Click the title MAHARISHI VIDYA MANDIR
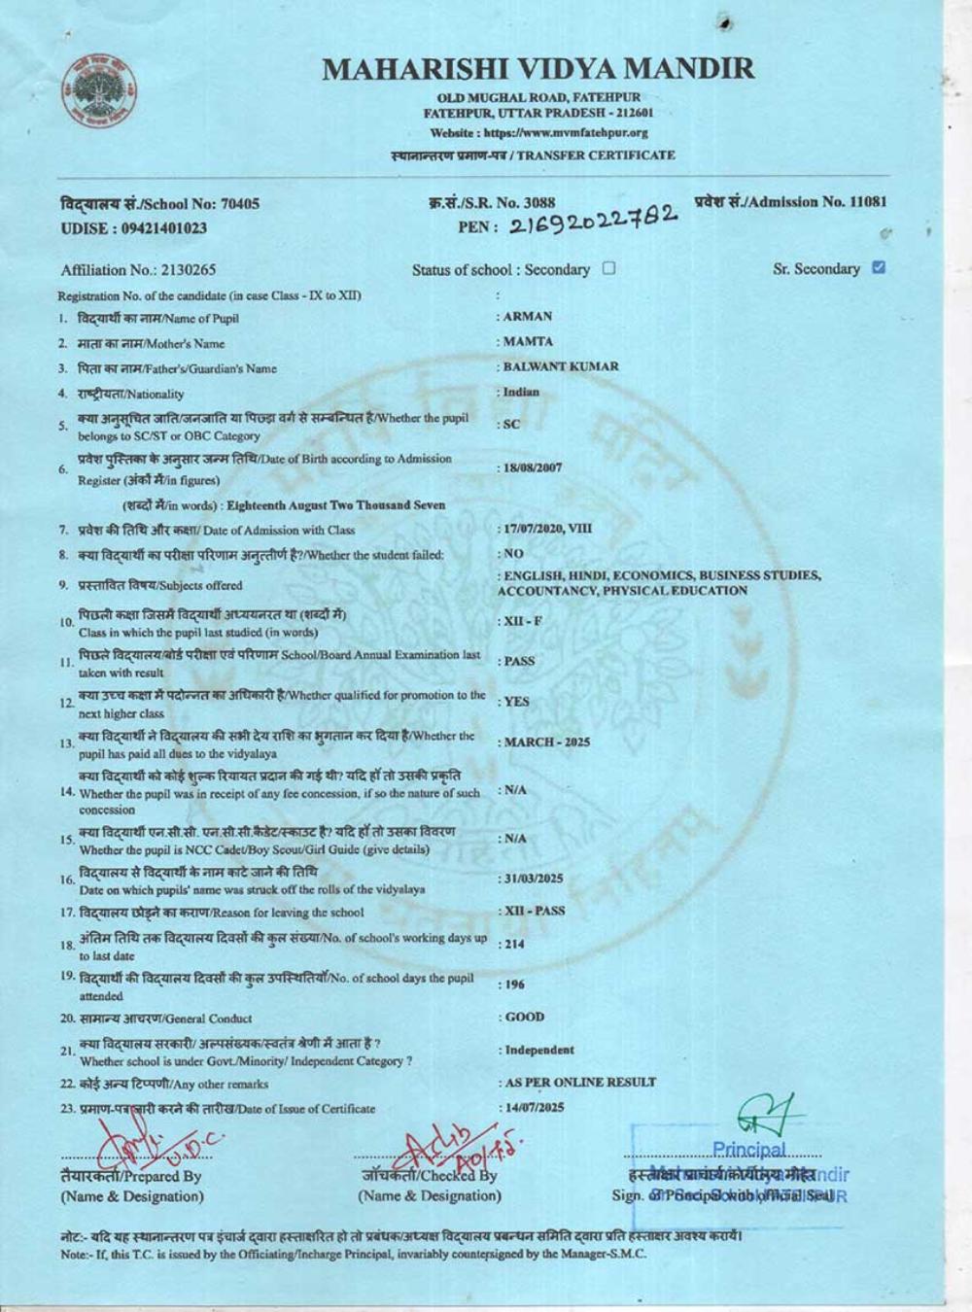click(x=538, y=69)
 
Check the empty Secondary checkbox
click(x=609, y=268)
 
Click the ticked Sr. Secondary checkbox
click(x=879, y=267)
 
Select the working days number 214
click(x=513, y=944)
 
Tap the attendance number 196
click(x=513, y=984)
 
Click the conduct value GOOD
click(x=525, y=1018)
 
